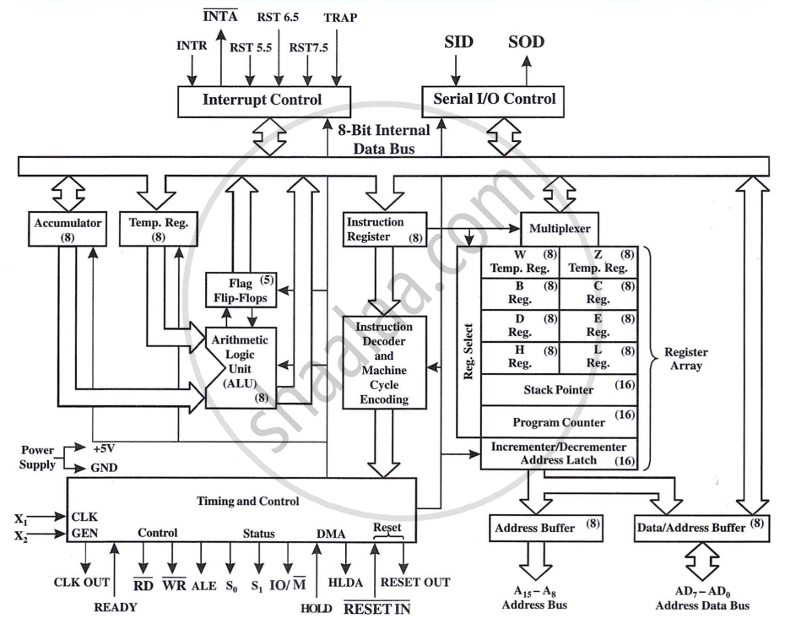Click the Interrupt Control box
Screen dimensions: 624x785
(x=263, y=100)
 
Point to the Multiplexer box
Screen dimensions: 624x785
(x=560, y=229)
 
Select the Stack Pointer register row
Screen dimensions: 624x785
(x=559, y=390)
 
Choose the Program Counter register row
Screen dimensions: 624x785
(x=559, y=421)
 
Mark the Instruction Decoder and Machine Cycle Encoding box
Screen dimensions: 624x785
(x=384, y=363)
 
